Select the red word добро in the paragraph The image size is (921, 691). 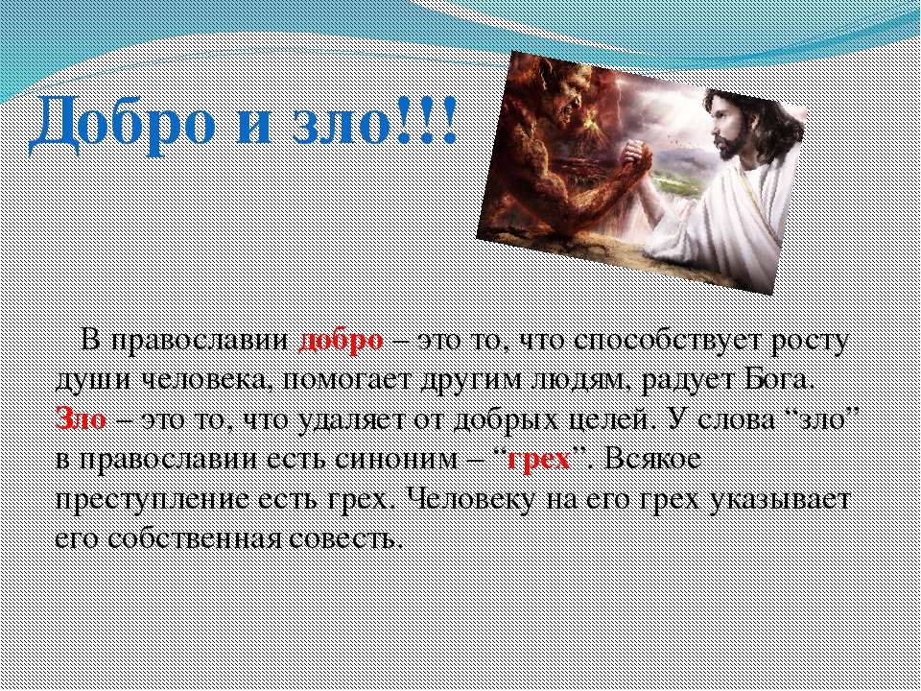tap(341, 341)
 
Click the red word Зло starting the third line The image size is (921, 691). tap(81, 419)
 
